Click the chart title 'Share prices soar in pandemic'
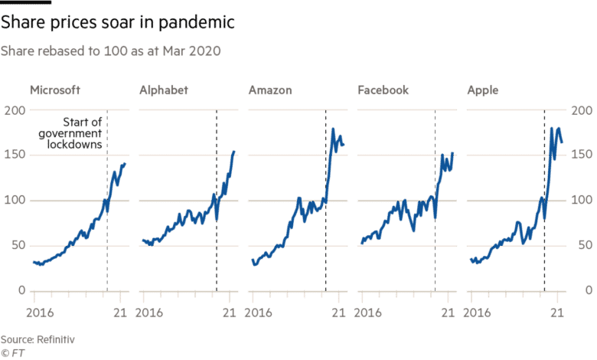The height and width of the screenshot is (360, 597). [x=117, y=24]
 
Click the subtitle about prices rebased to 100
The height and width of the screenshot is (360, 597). [x=112, y=51]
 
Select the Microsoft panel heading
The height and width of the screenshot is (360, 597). [x=56, y=90]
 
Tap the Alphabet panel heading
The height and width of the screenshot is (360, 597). [x=164, y=90]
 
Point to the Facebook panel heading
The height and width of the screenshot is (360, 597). [x=383, y=90]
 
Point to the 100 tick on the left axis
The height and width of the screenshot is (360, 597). [x=15, y=201]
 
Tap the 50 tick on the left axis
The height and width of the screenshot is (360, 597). [x=18, y=246]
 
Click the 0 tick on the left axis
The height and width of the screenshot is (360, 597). [x=21, y=291]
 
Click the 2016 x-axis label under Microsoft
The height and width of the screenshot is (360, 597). [x=43, y=313]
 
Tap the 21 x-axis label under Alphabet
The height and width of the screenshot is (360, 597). [x=229, y=313]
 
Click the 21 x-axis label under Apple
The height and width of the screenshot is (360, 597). [x=559, y=313]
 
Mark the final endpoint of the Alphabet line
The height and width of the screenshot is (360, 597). [x=234, y=151]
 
